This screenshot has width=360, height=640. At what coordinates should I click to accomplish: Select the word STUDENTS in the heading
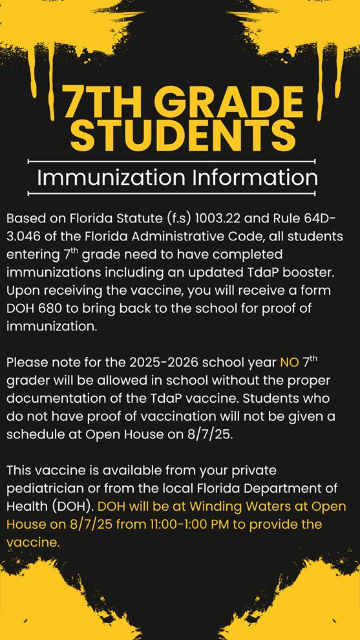(183, 135)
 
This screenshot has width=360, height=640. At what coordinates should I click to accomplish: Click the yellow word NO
(289, 362)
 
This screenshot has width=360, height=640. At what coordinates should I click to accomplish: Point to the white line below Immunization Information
(171, 193)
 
